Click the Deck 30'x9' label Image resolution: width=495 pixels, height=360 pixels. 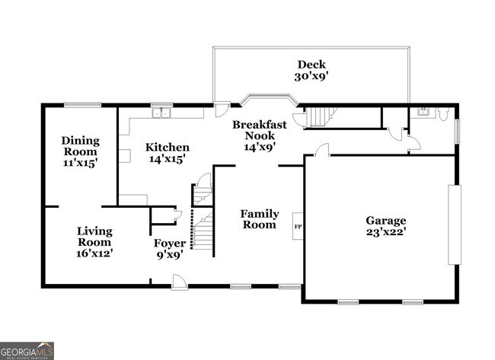click(x=311, y=70)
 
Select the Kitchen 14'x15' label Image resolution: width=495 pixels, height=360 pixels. click(x=168, y=152)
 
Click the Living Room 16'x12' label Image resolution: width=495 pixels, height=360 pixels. click(x=94, y=241)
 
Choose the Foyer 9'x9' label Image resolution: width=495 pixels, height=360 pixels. click(x=169, y=248)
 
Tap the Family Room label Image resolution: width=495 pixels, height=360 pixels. click(x=260, y=219)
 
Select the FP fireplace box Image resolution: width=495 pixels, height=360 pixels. click(x=298, y=226)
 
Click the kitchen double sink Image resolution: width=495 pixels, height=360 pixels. click(x=161, y=114)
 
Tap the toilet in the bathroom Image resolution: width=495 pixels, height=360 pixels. click(x=445, y=115)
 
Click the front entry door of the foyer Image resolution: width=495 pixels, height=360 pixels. click(x=179, y=283)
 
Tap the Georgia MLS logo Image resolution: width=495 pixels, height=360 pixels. click(x=27, y=350)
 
